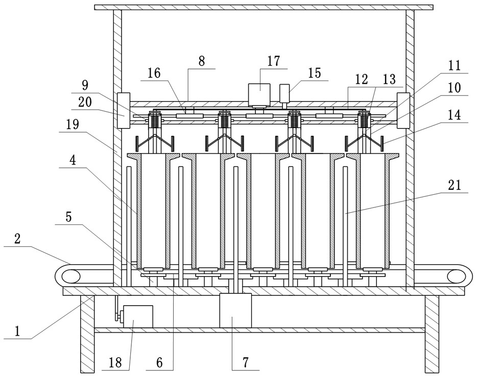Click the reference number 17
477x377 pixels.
(x=274, y=61)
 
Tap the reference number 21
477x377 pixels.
(x=455, y=185)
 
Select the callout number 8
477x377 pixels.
(x=201, y=61)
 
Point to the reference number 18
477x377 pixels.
(x=115, y=362)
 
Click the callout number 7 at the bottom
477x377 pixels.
(x=246, y=362)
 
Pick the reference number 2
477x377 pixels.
(x=17, y=239)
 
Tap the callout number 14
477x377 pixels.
(x=455, y=115)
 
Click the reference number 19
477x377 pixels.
(x=73, y=124)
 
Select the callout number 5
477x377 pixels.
(x=69, y=217)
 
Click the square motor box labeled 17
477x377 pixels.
(x=259, y=94)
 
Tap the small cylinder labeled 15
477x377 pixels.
(x=284, y=93)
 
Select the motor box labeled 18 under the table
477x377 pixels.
(x=138, y=316)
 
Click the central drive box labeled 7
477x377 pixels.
(x=235, y=311)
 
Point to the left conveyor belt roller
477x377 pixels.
(x=71, y=277)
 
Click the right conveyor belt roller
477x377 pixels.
(x=457, y=276)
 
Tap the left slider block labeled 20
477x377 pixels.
(x=124, y=110)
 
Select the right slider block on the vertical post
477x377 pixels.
(x=403, y=110)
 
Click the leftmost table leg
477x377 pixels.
(x=87, y=334)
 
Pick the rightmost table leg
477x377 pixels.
(x=432, y=334)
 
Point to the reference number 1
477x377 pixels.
(x=17, y=331)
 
